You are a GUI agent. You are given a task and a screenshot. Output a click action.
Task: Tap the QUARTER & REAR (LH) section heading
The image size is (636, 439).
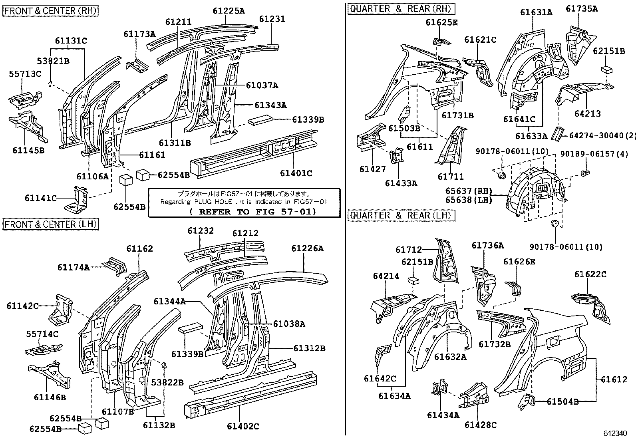point(401,215)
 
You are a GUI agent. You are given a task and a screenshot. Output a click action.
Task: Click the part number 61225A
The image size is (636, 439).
point(229,11)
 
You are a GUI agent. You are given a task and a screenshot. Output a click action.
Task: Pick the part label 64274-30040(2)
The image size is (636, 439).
point(600,136)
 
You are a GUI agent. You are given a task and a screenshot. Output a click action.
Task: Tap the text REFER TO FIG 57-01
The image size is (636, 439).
point(252,211)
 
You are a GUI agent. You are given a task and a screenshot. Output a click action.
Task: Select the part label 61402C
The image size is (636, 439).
point(243,426)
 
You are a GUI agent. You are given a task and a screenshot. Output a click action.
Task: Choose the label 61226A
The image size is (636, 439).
point(307,248)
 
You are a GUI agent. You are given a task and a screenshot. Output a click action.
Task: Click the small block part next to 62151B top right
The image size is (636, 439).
point(607,69)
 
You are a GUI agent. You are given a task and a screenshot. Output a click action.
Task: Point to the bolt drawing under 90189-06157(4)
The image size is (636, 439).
point(584,172)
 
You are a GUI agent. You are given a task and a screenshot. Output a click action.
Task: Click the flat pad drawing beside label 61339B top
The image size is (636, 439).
point(260,120)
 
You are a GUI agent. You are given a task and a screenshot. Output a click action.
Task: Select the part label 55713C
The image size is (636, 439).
point(25,73)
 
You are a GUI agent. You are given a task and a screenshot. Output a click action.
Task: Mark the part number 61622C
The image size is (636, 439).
point(590,274)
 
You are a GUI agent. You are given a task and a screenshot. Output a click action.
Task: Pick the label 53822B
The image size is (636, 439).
point(167,382)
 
